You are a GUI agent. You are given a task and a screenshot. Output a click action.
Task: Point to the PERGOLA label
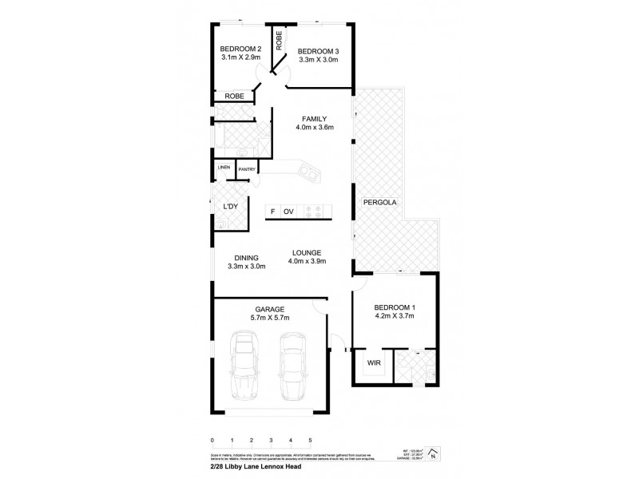[379, 202]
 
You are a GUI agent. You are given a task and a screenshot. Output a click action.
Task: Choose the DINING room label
[246, 257]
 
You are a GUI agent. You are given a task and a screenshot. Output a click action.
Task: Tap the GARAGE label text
[270, 308]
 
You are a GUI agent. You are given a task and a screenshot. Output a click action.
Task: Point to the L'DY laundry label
[230, 207]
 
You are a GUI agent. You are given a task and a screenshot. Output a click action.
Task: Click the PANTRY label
[247, 169]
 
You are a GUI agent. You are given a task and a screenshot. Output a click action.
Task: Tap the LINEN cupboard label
[224, 167]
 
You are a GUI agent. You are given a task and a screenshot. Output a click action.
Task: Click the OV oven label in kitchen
[288, 212]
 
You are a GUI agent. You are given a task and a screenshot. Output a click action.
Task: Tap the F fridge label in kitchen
[272, 212]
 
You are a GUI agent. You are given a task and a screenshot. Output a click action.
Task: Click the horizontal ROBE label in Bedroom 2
[234, 96]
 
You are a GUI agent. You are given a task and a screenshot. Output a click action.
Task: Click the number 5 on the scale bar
[310, 440]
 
